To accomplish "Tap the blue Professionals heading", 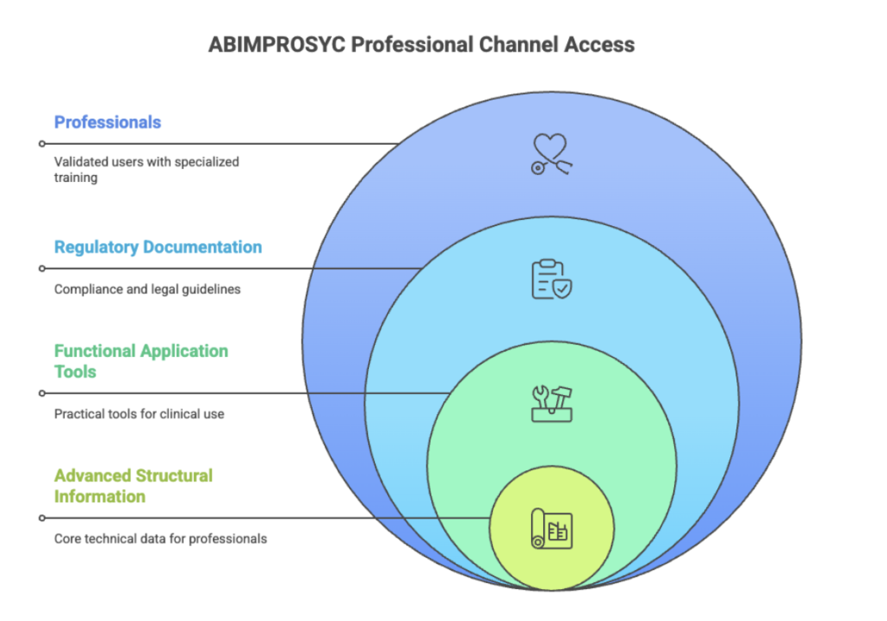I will click(x=107, y=122).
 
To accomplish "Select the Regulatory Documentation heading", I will click(x=158, y=247).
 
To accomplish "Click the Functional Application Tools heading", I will click(x=140, y=361).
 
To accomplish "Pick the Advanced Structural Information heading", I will click(x=133, y=486).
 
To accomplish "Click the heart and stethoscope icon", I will click(x=551, y=154).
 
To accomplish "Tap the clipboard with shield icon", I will click(x=551, y=279).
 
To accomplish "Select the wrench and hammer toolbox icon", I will click(x=551, y=404).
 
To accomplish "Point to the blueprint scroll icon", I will click(x=551, y=528).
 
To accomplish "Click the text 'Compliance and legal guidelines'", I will click(x=147, y=289).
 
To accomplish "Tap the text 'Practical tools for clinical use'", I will click(x=139, y=414).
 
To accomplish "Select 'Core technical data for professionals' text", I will click(x=160, y=539).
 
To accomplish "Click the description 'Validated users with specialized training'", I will click(x=146, y=169).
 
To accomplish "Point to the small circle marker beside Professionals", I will click(x=42, y=144).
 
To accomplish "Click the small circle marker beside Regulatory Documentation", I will click(x=42, y=268).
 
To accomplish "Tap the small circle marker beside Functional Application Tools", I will click(x=42, y=393).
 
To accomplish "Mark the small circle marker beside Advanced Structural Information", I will click(x=42, y=518).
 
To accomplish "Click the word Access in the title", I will click(x=602, y=45).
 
